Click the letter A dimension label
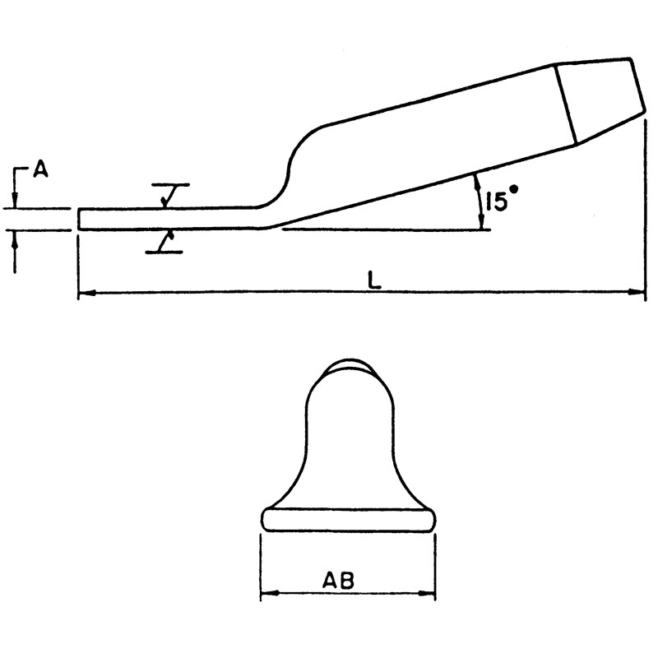coord(39,170)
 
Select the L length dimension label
coord(374,280)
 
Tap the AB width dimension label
coord(338,580)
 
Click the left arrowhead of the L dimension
coord(85,291)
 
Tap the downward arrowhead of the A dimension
coord(16,202)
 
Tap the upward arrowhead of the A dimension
coord(16,237)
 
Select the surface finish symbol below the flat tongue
coord(167,241)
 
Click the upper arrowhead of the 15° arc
coord(476,181)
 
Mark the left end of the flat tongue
coord(79,219)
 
